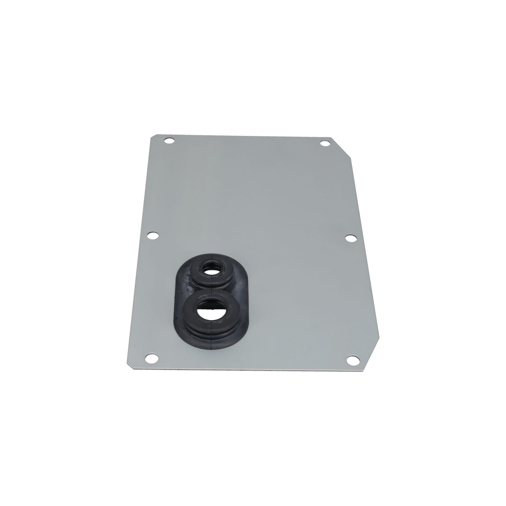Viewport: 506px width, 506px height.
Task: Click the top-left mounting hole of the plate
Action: pos(169,141)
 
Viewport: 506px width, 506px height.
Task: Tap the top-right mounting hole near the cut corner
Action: pos(325,143)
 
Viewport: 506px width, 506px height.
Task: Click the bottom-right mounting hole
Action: pos(352,360)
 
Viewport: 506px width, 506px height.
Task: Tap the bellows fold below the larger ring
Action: pos(211,333)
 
